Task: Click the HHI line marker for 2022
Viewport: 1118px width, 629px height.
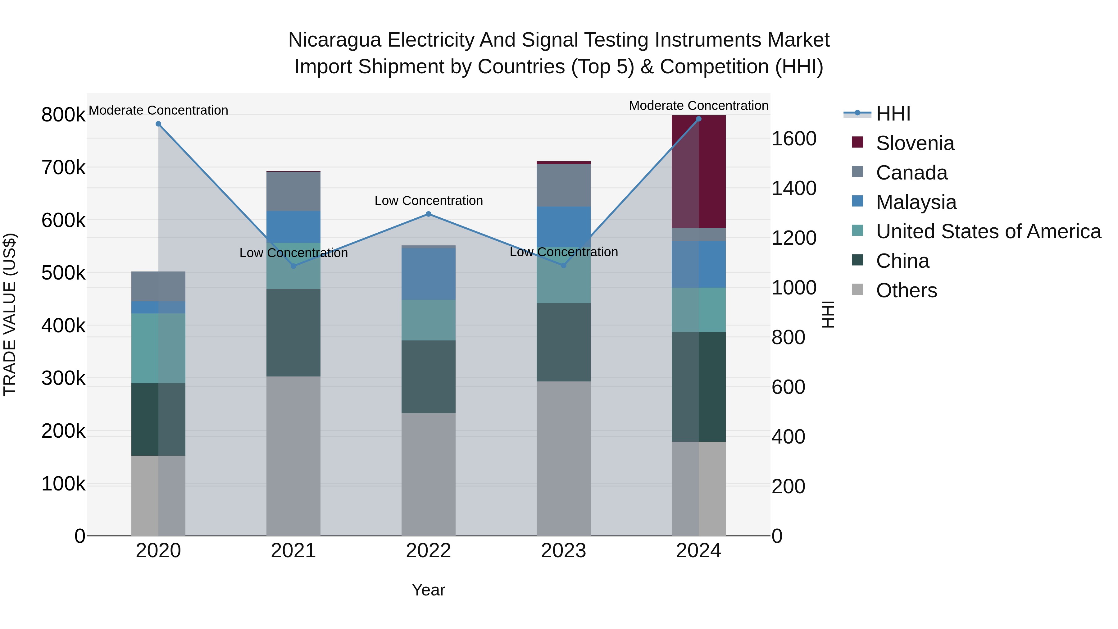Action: [x=428, y=214]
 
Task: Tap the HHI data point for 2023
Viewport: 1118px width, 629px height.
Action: [x=564, y=266]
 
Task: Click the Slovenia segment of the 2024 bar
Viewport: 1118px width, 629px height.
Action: [x=699, y=171]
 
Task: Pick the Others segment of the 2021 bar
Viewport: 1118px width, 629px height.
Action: [x=293, y=456]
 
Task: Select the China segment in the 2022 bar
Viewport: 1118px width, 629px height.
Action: [x=428, y=376]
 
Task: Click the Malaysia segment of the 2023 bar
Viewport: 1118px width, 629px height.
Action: [x=564, y=227]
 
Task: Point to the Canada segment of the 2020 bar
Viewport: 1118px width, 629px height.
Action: [x=158, y=286]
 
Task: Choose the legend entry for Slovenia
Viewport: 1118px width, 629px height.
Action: [x=915, y=143]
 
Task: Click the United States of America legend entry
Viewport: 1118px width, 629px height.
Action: [x=988, y=231]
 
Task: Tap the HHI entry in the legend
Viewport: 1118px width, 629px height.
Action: [x=893, y=114]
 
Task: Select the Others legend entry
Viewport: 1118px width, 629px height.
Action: [x=906, y=290]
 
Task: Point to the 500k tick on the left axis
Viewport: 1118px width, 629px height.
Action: [x=63, y=273]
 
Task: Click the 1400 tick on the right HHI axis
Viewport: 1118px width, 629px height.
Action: [x=794, y=189]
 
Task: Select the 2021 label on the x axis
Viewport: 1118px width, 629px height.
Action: [x=293, y=551]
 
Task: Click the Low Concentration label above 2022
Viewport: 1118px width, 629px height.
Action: [x=428, y=201]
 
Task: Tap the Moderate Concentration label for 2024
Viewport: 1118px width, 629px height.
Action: [x=698, y=106]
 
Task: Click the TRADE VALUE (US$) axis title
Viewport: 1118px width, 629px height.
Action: [x=10, y=314]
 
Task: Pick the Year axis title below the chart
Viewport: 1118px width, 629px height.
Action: [x=428, y=590]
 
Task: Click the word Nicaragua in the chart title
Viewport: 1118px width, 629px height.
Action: [x=334, y=40]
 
